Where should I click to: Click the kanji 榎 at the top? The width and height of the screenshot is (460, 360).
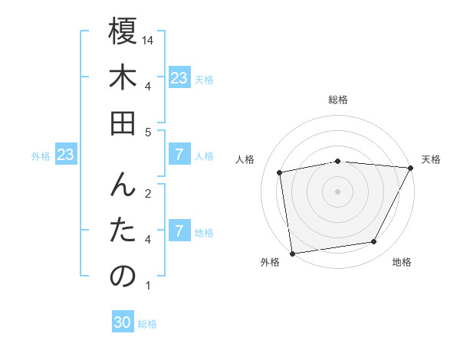point(123,33)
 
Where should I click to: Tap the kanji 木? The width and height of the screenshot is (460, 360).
point(123,78)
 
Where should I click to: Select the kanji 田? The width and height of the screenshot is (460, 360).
point(123,123)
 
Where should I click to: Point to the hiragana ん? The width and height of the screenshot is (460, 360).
point(123,185)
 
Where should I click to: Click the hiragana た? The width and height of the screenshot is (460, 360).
point(123,231)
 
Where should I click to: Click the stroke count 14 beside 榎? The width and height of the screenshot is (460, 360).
point(149,39)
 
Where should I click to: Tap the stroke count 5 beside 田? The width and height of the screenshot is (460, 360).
point(148,133)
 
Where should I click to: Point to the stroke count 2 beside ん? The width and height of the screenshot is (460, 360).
point(148,192)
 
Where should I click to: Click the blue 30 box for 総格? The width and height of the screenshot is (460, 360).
point(123,323)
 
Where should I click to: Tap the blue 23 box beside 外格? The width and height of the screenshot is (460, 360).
point(66,155)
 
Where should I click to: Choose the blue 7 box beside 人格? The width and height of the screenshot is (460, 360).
point(179,155)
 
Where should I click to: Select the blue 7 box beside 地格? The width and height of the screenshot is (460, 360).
point(179,231)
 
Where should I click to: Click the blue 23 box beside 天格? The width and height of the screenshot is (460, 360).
point(179,78)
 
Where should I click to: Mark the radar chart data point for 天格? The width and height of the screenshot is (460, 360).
point(410,168)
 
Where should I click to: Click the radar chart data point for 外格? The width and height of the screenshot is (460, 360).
point(292,253)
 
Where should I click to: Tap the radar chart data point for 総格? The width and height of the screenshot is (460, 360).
point(337,161)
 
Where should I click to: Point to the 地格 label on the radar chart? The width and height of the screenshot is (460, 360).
point(402,263)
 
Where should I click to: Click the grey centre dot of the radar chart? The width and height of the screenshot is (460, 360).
point(337,191)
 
